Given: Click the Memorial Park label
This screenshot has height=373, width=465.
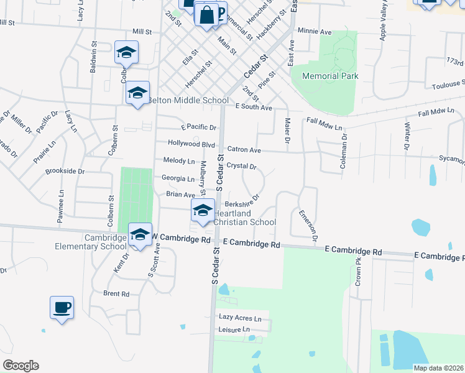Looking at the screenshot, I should point(330,76).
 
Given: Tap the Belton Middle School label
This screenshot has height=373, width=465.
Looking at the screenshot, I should point(188,101).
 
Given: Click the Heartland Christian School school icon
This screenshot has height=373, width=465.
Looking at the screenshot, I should point(202,211).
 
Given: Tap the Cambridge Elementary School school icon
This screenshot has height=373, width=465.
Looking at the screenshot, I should point(140,235).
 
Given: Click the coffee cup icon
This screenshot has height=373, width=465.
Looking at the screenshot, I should point(62,307).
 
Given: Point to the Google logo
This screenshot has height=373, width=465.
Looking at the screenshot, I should point(21,366).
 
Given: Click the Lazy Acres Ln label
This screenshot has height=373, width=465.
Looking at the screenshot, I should point(240,317).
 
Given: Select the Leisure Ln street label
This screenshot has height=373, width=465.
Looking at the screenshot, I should point(234,329).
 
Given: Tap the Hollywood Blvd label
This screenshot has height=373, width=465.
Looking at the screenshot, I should point(191,143).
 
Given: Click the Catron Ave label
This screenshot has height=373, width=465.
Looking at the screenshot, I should point(244,150).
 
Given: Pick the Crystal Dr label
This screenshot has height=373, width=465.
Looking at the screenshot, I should point(241,166).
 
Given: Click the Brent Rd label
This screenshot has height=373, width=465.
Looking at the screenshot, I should point(116,293).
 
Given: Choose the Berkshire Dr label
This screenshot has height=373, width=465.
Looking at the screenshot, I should point(241,203).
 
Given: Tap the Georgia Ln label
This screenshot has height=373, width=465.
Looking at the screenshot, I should point(178,178).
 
